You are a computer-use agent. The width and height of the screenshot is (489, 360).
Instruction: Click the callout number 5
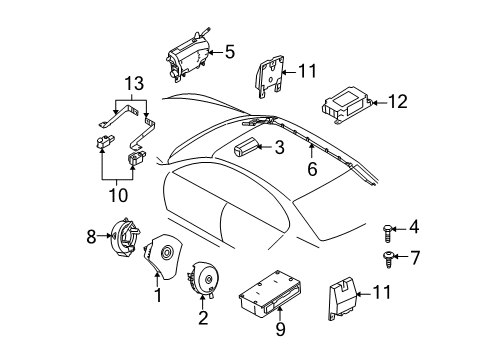[229, 51]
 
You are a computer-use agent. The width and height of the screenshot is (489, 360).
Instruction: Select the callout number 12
[399, 100]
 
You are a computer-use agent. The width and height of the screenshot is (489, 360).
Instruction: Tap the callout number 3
[281, 148]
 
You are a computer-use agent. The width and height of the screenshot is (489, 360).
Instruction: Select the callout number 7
[413, 258]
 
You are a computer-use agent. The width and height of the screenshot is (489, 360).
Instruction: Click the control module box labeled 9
[271, 297]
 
